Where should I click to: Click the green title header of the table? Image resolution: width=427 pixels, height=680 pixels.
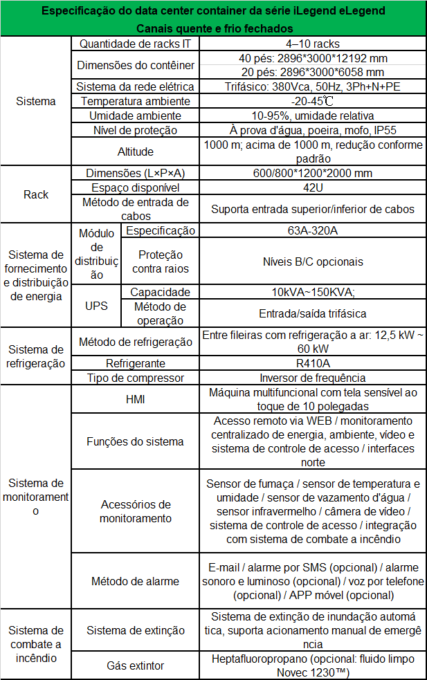[213, 19]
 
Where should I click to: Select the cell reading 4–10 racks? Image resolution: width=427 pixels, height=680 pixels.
[310, 44]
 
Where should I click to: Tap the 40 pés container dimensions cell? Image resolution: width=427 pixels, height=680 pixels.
[310, 58]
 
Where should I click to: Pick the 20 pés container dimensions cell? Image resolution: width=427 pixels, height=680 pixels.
[310, 72]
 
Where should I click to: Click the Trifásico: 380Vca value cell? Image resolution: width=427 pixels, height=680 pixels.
[310, 86]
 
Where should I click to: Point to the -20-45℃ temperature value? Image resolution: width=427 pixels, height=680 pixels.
[310, 101]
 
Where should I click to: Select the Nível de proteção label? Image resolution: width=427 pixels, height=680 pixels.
[135, 130]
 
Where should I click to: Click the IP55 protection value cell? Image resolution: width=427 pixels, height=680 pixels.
[310, 130]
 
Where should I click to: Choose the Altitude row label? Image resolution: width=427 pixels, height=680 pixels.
[135, 151]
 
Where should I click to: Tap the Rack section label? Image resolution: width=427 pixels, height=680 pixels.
[36, 194]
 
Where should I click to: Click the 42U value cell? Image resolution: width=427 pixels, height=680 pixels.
[310, 187]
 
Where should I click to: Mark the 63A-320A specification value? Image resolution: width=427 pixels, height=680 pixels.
[310, 230]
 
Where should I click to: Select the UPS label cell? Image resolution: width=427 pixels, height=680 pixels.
[96, 305]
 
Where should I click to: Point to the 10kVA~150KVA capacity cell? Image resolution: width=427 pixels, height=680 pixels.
[310, 292]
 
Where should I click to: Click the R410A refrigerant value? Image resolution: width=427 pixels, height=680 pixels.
[310, 362]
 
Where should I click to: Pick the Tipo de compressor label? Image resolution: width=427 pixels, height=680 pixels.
[135, 378]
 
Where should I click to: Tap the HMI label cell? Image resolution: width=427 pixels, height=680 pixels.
[135, 399]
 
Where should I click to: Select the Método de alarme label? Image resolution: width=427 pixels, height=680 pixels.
[135, 581]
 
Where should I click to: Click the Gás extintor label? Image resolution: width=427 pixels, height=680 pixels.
[135, 665]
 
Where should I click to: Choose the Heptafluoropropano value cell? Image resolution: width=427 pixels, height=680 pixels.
[310, 665]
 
